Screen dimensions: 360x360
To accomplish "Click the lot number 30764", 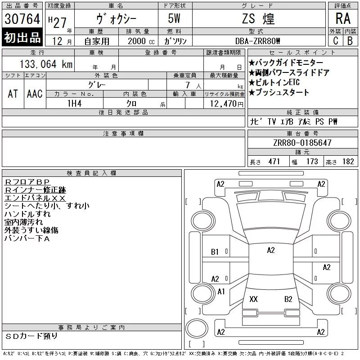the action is (x=22, y=19).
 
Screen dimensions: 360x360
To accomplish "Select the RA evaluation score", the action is (x=343, y=18).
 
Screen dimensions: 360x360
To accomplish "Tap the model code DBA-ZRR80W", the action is (x=257, y=41).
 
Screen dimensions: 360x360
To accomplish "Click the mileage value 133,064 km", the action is (x=46, y=64).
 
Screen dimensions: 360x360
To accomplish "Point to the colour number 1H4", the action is (x=74, y=103).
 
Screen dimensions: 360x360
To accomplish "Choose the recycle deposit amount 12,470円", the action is (x=226, y=104).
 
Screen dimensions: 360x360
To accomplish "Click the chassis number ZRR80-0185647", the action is (x=302, y=143).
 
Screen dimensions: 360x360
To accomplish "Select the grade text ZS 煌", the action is (x=258, y=18).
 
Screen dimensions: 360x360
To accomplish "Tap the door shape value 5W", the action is (x=174, y=18).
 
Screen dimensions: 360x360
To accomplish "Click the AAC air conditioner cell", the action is (x=35, y=94).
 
